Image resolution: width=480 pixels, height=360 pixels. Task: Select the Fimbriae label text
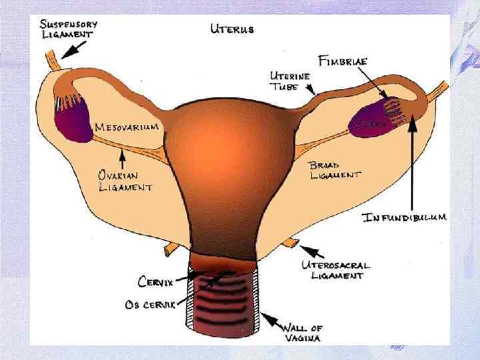[x=350, y=61]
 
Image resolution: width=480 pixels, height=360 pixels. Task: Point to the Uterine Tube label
[x=289, y=81]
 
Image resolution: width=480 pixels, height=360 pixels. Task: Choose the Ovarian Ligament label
[x=125, y=181]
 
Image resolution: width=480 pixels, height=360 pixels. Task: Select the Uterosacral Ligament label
[x=337, y=269]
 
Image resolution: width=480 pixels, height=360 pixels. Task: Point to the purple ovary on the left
[x=74, y=119]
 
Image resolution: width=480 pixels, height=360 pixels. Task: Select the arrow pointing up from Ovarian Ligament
[x=123, y=159]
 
